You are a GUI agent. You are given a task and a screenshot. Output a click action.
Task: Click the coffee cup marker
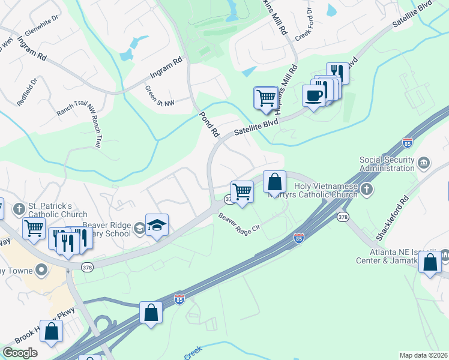314,95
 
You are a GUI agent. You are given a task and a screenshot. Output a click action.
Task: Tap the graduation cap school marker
157,226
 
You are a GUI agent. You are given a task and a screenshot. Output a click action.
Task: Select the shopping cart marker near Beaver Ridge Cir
242,193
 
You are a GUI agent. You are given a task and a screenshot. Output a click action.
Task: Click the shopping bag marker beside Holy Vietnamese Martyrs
274,182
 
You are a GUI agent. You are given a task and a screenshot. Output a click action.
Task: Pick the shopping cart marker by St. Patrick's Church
34,229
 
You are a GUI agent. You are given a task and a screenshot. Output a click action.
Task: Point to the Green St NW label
160,96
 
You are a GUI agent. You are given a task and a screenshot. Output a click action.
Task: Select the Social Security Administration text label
387,164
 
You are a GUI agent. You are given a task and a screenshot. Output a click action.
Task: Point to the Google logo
20,353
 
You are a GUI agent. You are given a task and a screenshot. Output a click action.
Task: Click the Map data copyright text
423,355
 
